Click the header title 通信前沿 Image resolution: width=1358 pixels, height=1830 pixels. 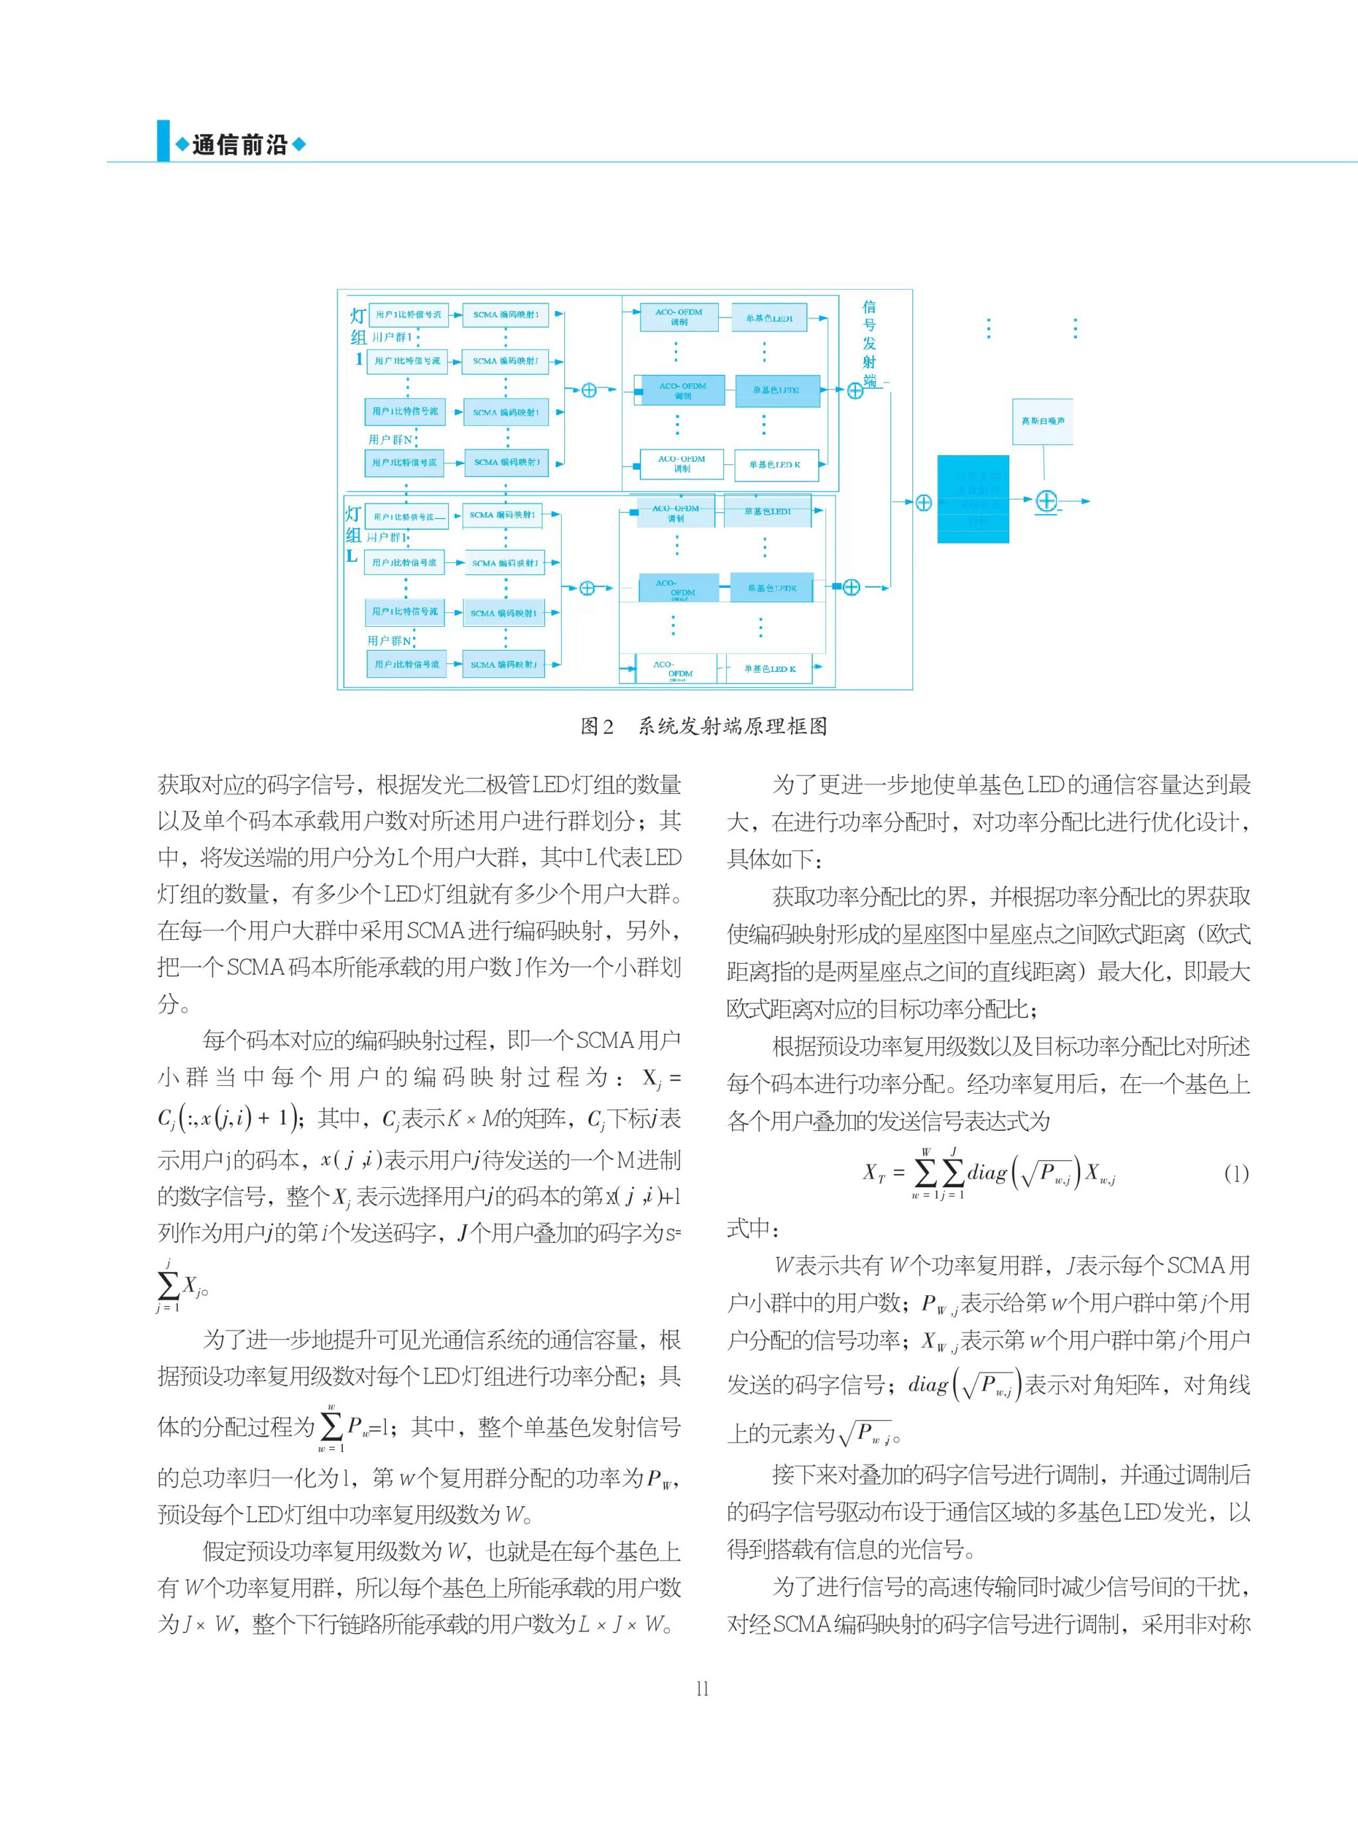239,145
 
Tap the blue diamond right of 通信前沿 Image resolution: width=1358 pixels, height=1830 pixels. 299,145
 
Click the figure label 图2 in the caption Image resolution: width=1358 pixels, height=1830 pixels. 597,726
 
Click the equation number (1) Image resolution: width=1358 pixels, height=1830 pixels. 1235,1173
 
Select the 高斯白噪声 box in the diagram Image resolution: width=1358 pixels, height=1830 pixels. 1042,421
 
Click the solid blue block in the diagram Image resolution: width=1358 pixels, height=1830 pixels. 973,498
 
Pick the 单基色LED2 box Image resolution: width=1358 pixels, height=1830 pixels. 775,391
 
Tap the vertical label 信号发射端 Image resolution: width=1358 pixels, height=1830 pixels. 869,344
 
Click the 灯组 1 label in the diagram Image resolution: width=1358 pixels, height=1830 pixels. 359,337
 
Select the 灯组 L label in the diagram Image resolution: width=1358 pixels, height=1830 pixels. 353,535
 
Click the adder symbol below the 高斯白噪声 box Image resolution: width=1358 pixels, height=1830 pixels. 1046,501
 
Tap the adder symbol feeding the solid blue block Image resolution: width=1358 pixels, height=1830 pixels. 923,502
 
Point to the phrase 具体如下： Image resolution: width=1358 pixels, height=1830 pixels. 774,858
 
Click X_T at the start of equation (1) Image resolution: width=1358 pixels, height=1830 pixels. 874,1173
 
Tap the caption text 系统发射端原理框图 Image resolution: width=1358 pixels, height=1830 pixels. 733,726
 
